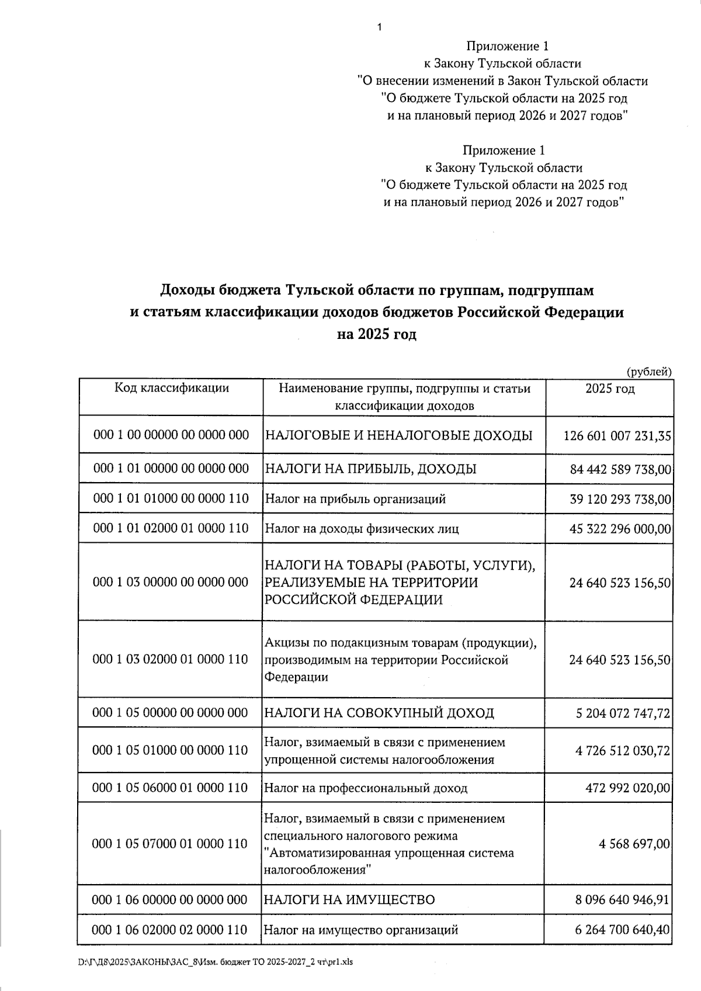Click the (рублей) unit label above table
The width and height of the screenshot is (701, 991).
click(649, 371)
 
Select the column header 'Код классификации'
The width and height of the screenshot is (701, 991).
click(171, 388)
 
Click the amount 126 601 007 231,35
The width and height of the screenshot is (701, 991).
click(617, 436)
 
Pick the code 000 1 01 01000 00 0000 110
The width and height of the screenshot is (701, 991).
click(171, 498)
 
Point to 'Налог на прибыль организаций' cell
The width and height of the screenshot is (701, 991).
click(355, 499)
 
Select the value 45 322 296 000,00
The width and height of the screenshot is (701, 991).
click(620, 529)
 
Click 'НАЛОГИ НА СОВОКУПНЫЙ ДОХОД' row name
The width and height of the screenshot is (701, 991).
click(379, 713)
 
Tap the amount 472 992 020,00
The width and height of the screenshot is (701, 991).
click(627, 788)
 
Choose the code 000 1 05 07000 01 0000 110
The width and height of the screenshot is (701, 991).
click(170, 844)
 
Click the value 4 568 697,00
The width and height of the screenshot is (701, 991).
click(634, 844)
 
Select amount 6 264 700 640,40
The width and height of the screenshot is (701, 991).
click(622, 930)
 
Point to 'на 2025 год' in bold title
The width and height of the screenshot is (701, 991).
click(376, 335)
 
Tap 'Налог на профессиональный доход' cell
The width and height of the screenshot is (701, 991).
click(366, 788)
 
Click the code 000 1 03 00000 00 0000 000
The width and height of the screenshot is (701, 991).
click(171, 582)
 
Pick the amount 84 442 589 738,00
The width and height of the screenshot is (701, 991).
click(620, 469)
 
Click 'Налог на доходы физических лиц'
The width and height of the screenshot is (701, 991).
click(362, 529)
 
